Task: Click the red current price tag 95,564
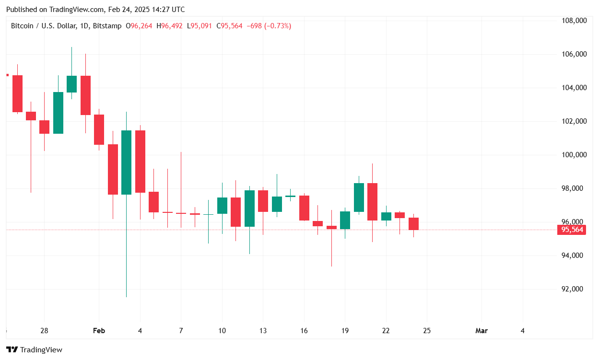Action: (x=572, y=230)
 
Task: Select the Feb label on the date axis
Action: (x=99, y=331)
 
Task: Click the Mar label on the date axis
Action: (x=481, y=331)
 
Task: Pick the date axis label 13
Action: (x=263, y=331)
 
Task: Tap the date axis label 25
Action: (x=427, y=331)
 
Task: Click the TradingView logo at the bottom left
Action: (x=34, y=350)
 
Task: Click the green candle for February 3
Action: (x=126, y=162)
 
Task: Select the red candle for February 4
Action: (x=140, y=161)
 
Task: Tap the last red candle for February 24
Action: (x=413, y=223)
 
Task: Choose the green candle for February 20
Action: (x=359, y=197)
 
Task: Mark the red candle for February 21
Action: (x=373, y=201)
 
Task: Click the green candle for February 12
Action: (x=249, y=209)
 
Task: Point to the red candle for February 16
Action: (x=304, y=208)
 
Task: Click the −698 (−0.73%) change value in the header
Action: (x=269, y=26)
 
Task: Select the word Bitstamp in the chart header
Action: (x=107, y=26)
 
